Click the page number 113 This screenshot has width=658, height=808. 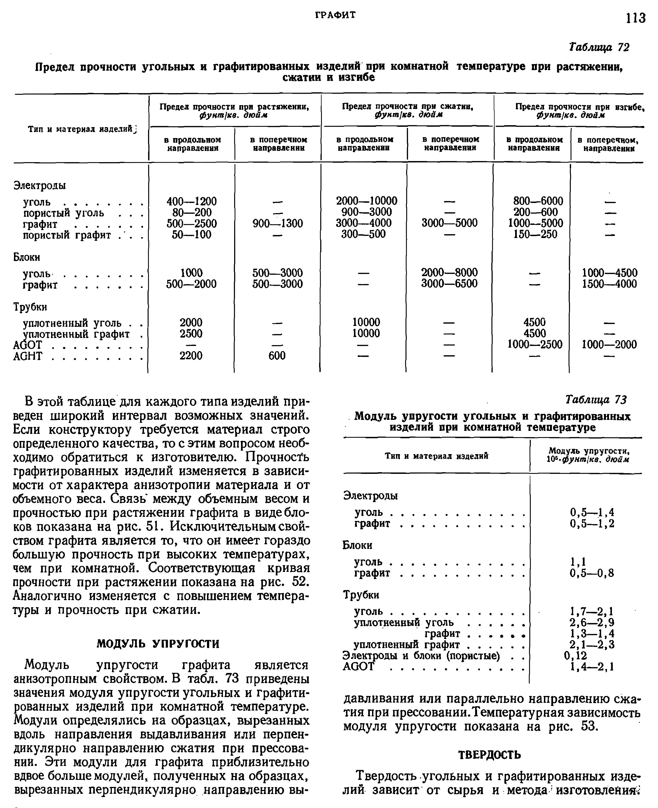tap(635, 18)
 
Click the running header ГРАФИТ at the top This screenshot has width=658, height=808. tap(336, 15)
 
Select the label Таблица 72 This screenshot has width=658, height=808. tap(599, 47)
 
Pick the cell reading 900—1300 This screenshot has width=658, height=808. tap(278, 224)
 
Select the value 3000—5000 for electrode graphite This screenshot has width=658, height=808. tap(450, 223)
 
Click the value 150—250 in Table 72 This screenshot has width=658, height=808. tap(535, 234)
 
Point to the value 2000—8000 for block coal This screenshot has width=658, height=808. tap(450, 273)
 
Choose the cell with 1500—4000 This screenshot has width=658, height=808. tap(609, 284)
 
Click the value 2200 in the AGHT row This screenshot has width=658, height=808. tap(191, 356)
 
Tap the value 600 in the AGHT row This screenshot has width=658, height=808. tap(277, 356)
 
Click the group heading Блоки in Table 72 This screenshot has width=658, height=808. tap(27, 257)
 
